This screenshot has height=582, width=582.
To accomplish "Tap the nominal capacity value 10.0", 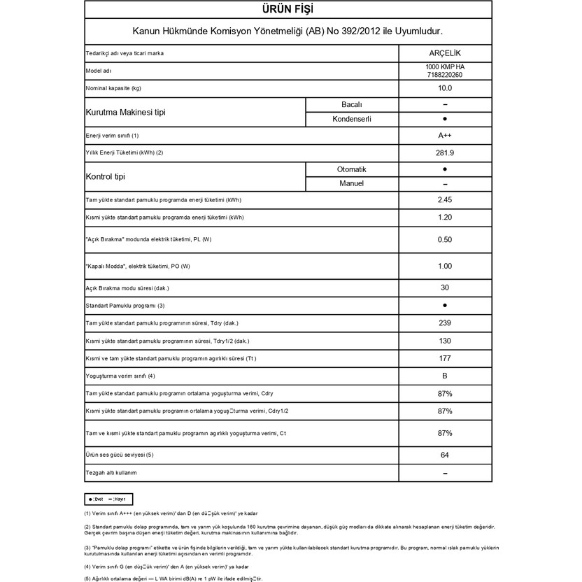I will [445, 88].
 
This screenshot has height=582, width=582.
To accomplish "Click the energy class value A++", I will [445, 136].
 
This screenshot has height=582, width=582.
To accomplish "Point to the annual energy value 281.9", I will [445, 152].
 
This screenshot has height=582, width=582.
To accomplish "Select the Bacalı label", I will [351, 104].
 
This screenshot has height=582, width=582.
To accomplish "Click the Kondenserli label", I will [351, 119].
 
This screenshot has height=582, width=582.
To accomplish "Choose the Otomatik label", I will [351, 169].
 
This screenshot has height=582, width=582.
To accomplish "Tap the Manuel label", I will [351, 184].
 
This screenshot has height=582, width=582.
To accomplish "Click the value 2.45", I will [445, 201].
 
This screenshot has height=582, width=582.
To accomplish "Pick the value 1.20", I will [445, 218].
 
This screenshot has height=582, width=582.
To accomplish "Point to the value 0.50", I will [445, 239].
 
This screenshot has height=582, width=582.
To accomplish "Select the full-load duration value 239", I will [445, 323].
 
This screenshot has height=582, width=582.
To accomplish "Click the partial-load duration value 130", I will [445, 341].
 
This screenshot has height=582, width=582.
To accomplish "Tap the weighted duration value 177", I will [445, 359].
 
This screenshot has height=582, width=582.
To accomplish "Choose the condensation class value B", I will [445, 376].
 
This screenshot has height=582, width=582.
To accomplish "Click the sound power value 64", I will [445, 455].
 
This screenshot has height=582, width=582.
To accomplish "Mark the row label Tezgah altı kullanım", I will [111, 473].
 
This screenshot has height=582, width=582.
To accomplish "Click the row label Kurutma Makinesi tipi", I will [125, 112].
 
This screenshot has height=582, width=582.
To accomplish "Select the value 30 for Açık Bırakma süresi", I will [445, 288].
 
